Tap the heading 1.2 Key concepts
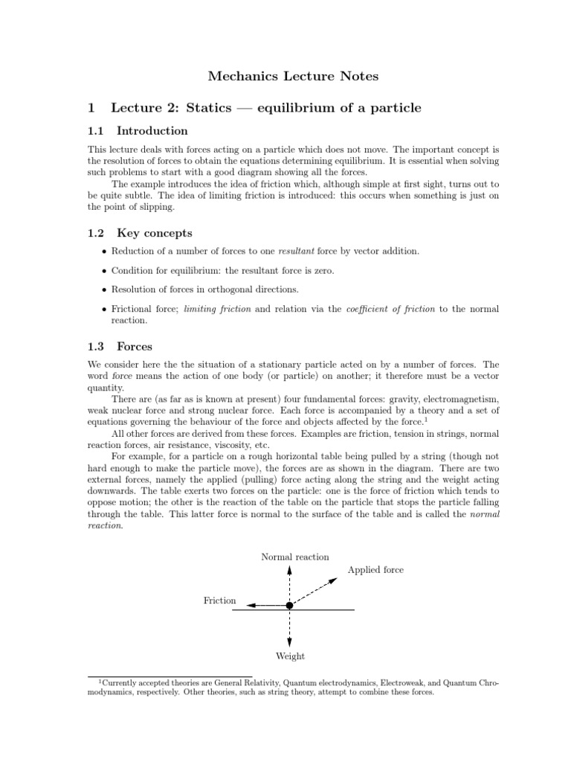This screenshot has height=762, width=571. click(139, 233)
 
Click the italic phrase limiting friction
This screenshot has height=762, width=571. click(217, 308)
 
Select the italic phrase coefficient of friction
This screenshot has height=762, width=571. click(390, 308)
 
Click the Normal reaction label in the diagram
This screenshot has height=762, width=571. click(295, 557)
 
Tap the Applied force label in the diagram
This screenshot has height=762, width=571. click(375, 570)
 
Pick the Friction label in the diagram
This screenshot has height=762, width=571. click(219, 601)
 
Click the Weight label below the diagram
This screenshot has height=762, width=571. click(290, 656)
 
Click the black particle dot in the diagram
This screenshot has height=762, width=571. click(289, 606)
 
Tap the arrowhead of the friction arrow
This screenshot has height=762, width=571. click(251, 606)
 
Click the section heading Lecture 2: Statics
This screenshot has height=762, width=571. click(265, 108)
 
